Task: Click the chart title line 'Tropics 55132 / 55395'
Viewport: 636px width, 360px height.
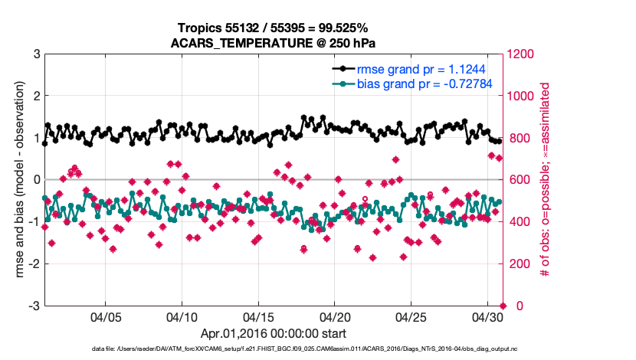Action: click(x=274, y=28)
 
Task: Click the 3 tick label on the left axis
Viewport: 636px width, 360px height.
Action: click(x=36, y=54)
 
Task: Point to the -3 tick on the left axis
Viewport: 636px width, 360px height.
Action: click(x=34, y=306)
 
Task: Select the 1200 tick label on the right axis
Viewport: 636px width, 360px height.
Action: click(x=523, y=54)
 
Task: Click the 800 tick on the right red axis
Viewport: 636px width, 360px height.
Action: click(x=520, y=139)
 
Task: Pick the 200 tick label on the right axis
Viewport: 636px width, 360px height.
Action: click(x=520, y=264)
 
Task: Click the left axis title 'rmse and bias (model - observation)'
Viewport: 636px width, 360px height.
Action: click(x=14, y=180)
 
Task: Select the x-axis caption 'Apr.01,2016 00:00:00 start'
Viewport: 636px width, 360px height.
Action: click(x=274, y=334)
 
